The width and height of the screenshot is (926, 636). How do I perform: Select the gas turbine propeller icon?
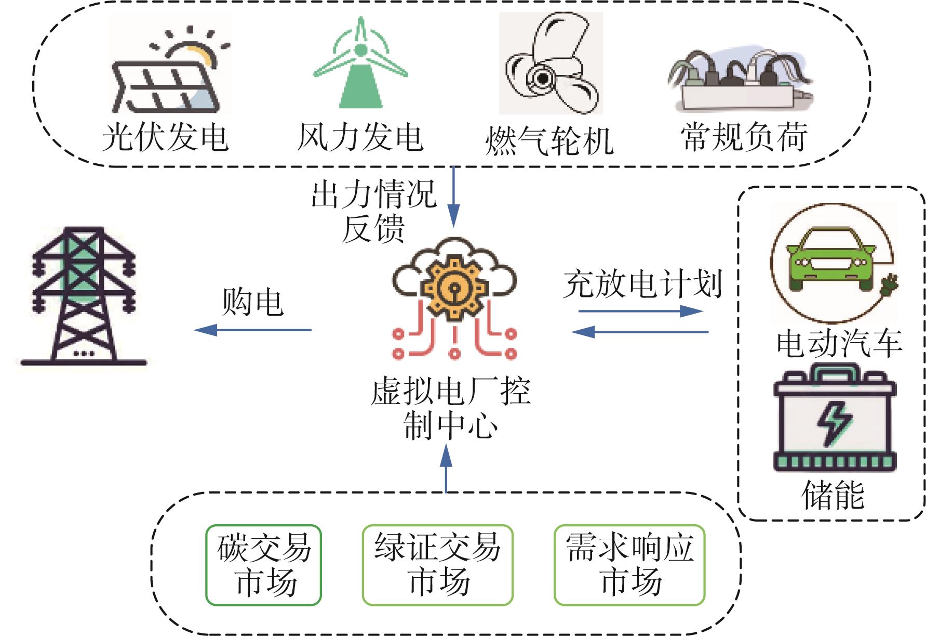tap(551, 63)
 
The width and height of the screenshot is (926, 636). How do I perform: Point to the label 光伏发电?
tap(166, 137)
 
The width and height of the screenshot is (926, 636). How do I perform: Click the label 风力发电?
tap(360, 137)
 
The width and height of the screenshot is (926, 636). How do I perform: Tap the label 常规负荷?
tap(744, 137)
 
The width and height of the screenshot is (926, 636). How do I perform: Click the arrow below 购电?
tap(252, 330)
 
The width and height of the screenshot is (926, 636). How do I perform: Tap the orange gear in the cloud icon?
tap(454, 285)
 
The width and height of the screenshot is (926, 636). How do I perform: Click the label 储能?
tap(833, 495)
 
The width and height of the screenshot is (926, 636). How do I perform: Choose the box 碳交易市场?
tap(264, 565)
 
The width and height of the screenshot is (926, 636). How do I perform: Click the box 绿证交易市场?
tap(437, 565)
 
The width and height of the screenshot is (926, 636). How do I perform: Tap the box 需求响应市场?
tap(629, 565)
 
